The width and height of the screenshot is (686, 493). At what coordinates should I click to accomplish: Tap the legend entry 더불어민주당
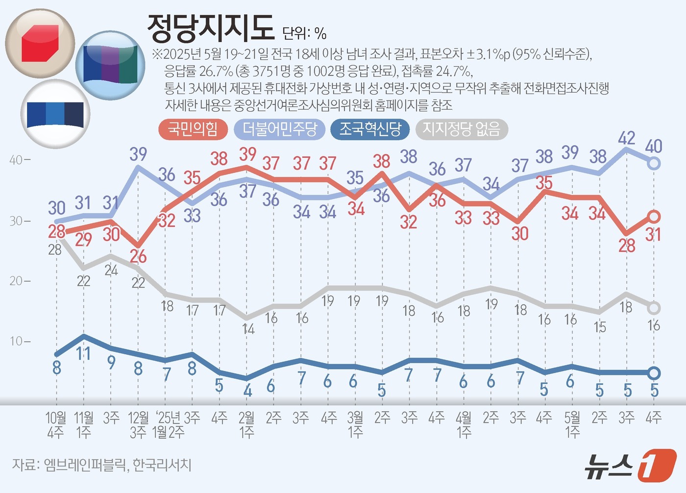pyautogui.click(x=280, y=129)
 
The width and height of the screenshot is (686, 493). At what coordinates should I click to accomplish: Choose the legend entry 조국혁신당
pyautogui.click(x=370, y=129)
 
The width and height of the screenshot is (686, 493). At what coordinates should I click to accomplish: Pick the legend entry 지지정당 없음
pyautogui.click(x=461, y=129)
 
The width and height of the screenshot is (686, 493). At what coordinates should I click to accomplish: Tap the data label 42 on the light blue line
pyautogui.click(x=627, y=138)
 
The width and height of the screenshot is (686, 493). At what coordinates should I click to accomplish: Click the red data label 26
pyautogui.click(x=138, y=256)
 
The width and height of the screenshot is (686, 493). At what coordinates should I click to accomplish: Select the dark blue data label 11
pyautogui.click(x=83, y=353)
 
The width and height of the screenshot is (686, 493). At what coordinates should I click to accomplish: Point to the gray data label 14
pyautogui.click(x=248, y=329)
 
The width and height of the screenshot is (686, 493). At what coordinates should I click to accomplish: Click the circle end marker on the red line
pyautogui.click(x=654, y=217)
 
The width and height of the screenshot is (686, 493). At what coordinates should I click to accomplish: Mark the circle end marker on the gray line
pyautogui.click(x=654, y=308)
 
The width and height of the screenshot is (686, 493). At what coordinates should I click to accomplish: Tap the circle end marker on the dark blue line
pyautogui.click(x=654, y=373)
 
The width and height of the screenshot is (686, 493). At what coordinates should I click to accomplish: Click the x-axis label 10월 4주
pyautogui.click(x=56, y=424)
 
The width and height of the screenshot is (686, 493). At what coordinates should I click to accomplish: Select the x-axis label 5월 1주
pyautogui.click(x=572, y=424)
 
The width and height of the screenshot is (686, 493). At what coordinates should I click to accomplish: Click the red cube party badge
pyautogui.click(x=40, y=44)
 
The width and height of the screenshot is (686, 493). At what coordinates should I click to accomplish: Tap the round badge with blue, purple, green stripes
pyautogui.click(x=110, y=65)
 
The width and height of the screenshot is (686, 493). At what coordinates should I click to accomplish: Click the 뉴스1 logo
pyautogui.click(x=630, y=465)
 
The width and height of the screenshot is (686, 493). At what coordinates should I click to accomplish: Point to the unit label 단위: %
pyautogui.click(x=304, y=33)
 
